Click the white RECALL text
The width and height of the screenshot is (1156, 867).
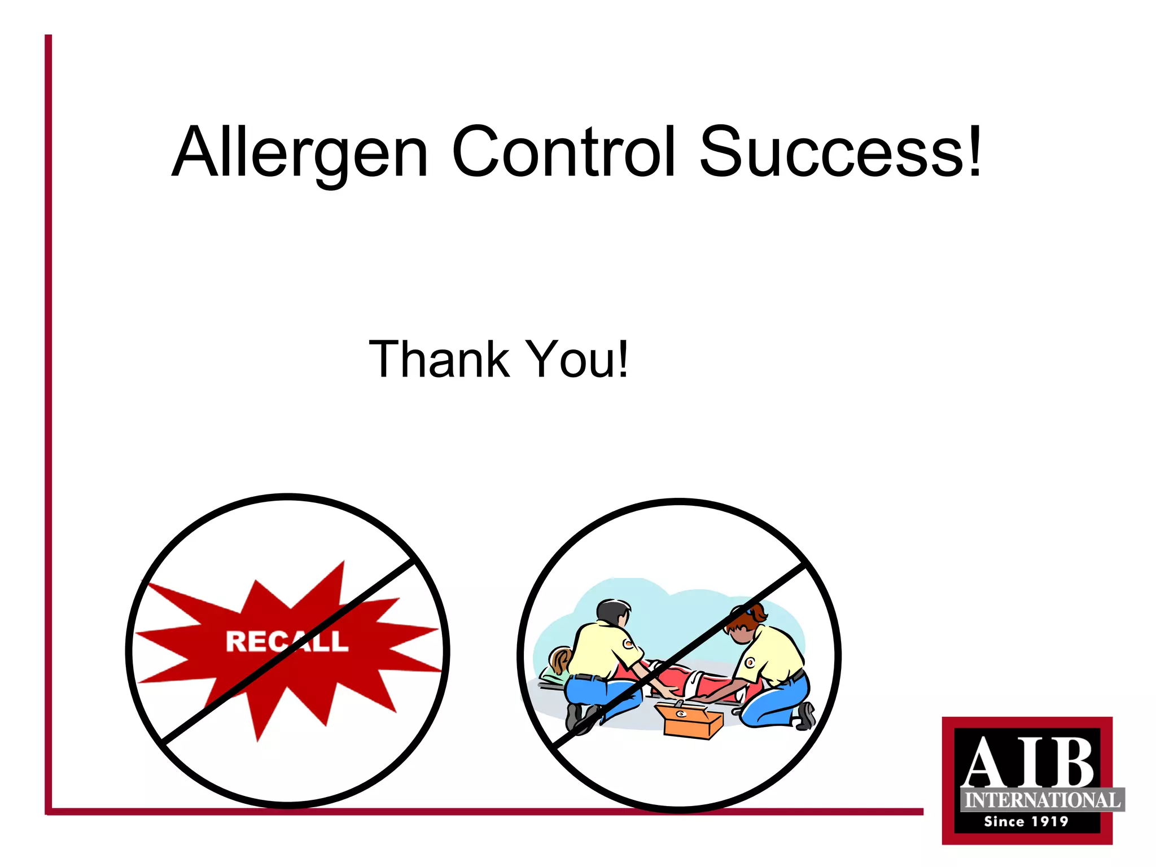tap(287, 641)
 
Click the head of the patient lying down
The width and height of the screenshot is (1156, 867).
tap(560, 660)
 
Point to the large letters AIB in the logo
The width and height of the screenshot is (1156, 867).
tap(1027, 762)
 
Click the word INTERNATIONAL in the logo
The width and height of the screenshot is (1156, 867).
tap(1042, 800)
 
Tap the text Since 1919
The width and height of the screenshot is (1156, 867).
tap(1026, 821)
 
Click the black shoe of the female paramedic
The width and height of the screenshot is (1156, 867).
tap(806, 716)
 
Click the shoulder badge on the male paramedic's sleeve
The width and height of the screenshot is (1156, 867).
tap(628, 643)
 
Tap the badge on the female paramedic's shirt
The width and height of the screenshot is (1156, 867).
tap(750, 662)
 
